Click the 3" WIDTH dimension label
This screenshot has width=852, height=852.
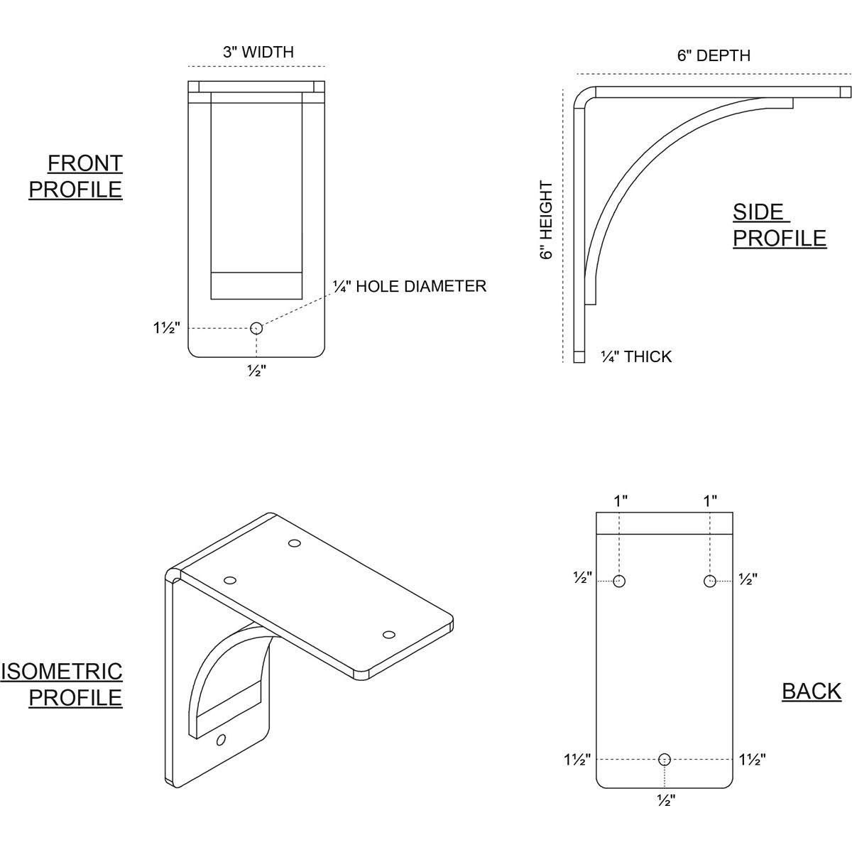(258, 52)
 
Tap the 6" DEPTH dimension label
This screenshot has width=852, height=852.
(713, 55)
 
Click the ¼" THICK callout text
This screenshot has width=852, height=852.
(636, 356)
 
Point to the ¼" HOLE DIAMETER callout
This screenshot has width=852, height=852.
(410, 286)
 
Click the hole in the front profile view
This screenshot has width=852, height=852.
(256, 328)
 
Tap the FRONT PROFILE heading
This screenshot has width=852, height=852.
(76, 176)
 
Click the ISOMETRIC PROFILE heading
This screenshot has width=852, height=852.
(62, 684)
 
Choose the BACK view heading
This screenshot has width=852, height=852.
(812, 691)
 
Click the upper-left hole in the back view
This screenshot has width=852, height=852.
(620, 581)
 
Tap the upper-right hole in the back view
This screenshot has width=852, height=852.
(709, 581)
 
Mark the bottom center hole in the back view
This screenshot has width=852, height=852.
(665, 760)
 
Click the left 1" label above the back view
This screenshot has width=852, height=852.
(621, 501)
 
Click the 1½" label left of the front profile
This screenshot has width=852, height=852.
(167, 328)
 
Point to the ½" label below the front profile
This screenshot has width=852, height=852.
(256, 371)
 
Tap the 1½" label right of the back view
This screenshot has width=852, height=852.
(753, 760)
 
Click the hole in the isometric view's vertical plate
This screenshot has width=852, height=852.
(222, 740)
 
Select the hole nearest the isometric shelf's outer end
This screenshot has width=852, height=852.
(388, 634)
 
